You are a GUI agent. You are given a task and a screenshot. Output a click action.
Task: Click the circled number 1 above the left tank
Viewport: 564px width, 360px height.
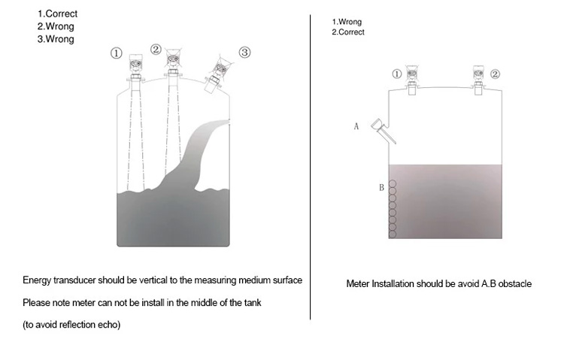click(x=116, y=53)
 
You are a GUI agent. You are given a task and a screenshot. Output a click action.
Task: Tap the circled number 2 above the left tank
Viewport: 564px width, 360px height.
click(x=156, y=50)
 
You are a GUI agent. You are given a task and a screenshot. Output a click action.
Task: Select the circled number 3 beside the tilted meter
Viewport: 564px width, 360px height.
click(x=244, y=53)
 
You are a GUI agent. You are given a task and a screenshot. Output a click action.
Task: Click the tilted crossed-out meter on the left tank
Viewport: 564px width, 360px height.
click(x=217, y=74)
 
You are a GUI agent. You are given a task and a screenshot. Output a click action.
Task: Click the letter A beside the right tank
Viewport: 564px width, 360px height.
click(x=356, y=126)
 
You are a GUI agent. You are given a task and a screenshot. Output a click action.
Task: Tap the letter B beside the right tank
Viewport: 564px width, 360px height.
click(x=381, y=188)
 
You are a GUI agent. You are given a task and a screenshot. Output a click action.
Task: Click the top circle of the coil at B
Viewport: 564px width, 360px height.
click(x=393, y=184)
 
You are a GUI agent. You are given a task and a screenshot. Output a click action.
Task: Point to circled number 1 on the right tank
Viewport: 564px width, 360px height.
click(x=396, y=74)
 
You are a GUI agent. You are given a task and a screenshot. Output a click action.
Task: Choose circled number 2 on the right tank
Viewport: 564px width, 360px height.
click(x=496, y=74)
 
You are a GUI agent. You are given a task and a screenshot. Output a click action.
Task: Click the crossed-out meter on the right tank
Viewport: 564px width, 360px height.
click(x=412, y=80)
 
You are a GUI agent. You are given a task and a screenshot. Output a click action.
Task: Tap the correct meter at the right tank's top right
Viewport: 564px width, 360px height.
click(x=478, y=80)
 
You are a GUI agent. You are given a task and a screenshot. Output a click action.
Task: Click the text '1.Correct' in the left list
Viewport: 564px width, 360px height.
click(x=58, y=14)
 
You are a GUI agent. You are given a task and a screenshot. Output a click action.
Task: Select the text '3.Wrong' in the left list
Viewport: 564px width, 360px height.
click(x=56, y=39)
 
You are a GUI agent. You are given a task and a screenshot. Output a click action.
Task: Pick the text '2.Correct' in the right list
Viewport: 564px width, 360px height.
click(x=348, y=32)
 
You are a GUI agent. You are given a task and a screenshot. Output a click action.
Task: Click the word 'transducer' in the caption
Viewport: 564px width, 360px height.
click(x=74, y=280)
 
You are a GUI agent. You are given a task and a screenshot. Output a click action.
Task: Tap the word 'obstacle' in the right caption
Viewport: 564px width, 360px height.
click(x=515, y=284)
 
